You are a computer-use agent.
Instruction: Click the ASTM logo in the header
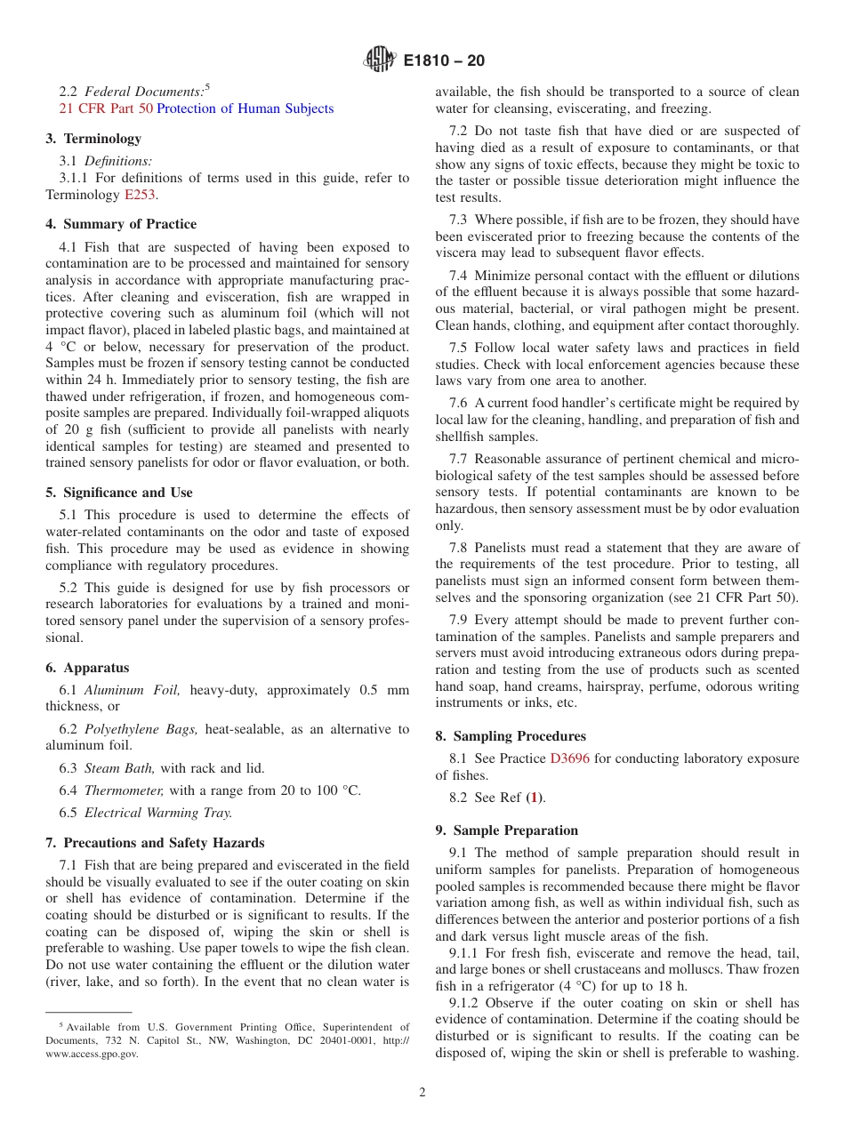coord(380,60)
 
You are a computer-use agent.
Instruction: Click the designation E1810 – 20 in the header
coord(444,61)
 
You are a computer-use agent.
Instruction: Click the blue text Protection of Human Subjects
coord(245,108)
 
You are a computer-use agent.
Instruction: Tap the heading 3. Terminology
coord(93,139)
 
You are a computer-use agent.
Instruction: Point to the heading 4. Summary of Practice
coord(121,224)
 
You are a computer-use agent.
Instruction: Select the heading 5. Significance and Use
coord(119,493)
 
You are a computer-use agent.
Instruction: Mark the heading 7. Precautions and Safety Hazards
coord(155,843)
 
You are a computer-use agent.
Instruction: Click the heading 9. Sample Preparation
coord(506,830)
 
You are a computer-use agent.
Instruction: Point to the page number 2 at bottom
coord(422,1093)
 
